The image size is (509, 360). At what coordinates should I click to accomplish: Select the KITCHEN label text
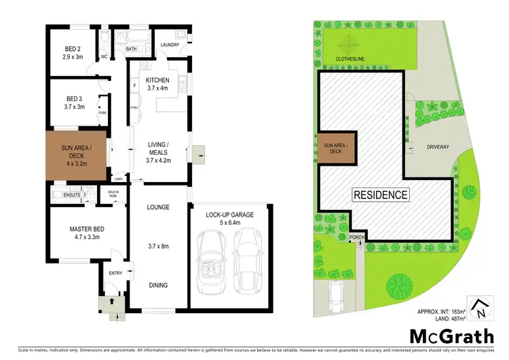coord(157,84)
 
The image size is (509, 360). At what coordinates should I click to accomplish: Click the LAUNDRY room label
coord(170,46)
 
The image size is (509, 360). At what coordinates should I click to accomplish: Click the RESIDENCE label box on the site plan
coord(381,195)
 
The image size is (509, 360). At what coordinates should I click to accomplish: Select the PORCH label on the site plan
coord(356,238)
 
